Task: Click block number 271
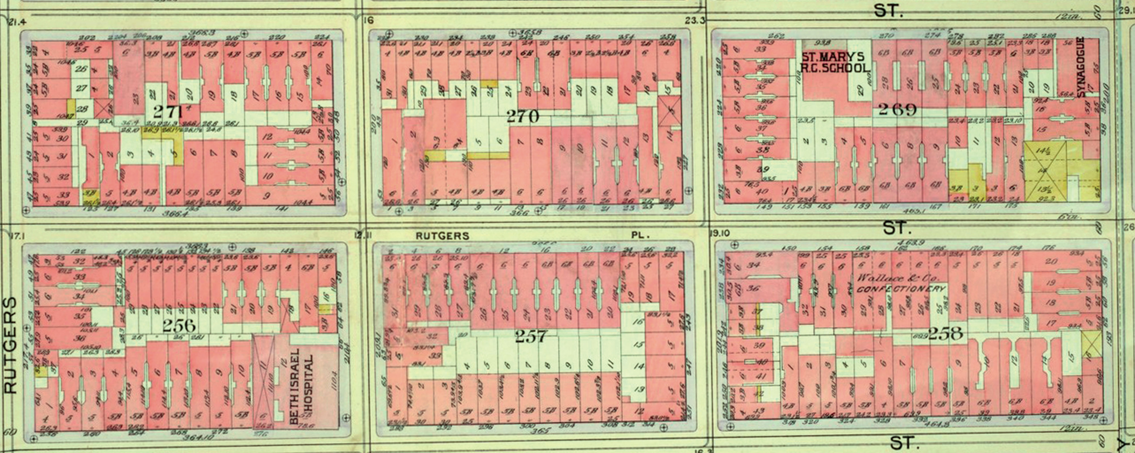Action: [x=169, y=111]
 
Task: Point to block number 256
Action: [x=178, y=326]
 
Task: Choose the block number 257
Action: [x=531, y=337]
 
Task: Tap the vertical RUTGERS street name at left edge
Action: [x=10, y=345]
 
